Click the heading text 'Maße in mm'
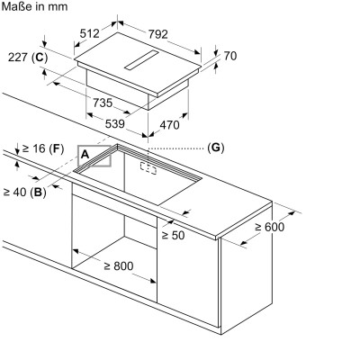34,6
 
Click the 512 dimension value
89,33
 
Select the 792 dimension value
158,34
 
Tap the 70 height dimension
230,56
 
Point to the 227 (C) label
28,57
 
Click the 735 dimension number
103,103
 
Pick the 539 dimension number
114,123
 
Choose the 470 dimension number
169,125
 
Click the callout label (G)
216,148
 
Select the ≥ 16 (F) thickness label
43,148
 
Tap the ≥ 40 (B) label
24,192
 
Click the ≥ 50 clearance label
173,235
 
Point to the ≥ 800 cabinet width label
119,265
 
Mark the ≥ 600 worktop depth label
269,227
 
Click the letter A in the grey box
85,155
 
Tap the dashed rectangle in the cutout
148,167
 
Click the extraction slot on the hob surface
141,60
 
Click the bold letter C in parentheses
40,57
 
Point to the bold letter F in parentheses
57,148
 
